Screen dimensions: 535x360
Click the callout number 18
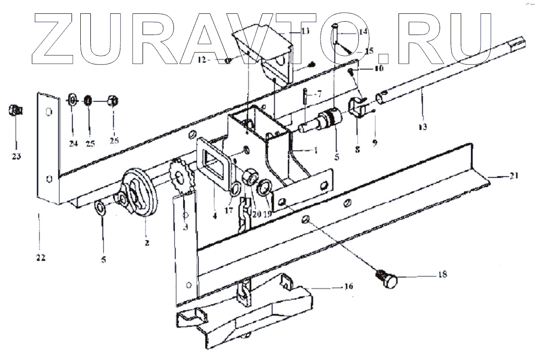point(442,275)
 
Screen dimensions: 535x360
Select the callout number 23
point(16,156)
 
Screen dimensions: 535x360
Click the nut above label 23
point(15,111)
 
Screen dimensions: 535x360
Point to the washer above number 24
point(73,100)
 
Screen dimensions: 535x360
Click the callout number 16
point(348,287)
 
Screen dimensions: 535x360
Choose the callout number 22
point(41,258)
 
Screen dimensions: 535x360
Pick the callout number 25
point(90,144)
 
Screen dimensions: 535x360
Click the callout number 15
point(369,51)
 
